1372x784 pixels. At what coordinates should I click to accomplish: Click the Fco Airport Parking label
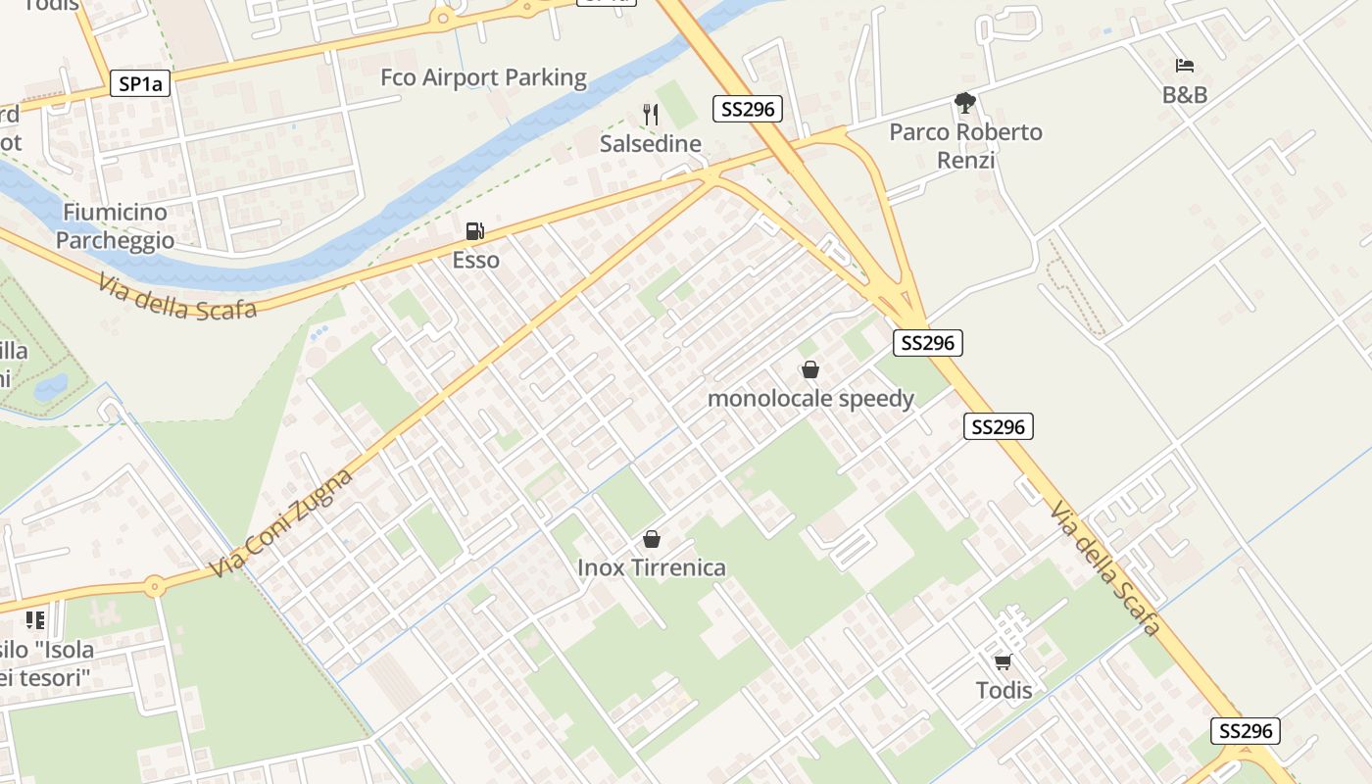coord(483,77)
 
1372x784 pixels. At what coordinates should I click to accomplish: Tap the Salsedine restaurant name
coord(651,144)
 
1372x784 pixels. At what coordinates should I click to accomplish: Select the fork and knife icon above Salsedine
coord(651,115)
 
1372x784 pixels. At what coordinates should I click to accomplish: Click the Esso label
coord(475,260)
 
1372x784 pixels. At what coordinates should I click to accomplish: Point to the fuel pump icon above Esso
coord(475,231)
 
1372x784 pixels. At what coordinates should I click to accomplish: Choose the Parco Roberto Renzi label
coord(965,145)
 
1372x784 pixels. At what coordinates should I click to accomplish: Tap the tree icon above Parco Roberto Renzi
coord(965,102)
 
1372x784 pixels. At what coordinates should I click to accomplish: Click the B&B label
coord(1184,95)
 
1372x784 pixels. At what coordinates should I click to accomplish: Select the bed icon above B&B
coord(1184,66)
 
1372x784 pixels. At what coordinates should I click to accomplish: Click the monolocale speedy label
coord(810,398)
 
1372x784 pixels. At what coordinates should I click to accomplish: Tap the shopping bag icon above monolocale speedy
coord(810,369)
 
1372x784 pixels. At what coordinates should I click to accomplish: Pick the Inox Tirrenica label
coord(652,567)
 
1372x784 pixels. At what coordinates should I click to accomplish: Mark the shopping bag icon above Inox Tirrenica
coord(652,539)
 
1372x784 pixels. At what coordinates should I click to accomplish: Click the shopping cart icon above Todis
coord(1003,662)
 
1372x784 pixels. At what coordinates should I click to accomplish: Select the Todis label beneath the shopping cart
coord(1004,690)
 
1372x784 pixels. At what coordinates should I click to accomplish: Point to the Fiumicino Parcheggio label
coord(115,226)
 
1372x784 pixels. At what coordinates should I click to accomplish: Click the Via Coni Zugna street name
coord(281,524)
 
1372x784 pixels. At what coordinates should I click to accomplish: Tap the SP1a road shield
coord(139,84)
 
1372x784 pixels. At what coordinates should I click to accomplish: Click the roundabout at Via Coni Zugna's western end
coord(154,587)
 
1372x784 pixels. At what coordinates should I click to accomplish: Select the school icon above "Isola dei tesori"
coord(35,619)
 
